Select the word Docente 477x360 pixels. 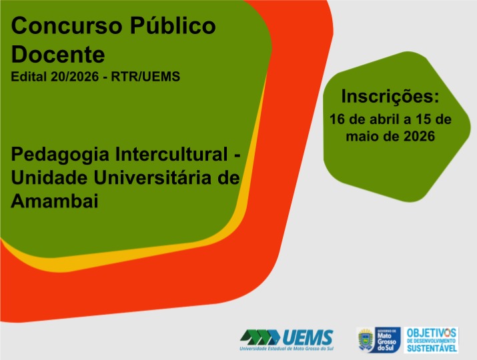[58, 55]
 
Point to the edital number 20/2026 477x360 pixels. [75, 76]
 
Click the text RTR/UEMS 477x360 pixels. [145, 76]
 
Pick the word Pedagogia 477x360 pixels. [60, 155]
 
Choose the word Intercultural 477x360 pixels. [171, 154]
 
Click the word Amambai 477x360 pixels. [55, 201]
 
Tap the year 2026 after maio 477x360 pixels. [419, 136]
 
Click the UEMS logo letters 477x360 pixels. [308, 337]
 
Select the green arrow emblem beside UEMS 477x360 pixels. [260, 337]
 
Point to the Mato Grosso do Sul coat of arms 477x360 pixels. [366, 339]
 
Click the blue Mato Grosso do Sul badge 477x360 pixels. [387, 340]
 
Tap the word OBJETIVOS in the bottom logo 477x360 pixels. [432, 333]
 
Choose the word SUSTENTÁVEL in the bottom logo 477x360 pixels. [432, 348]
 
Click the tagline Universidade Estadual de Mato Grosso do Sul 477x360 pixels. [287, 349]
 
